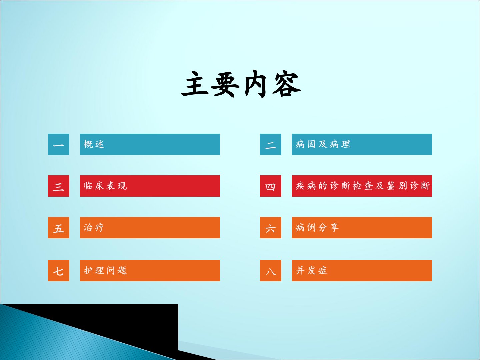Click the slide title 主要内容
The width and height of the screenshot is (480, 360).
point(241,84)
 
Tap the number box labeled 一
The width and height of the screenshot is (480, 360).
point(59,144)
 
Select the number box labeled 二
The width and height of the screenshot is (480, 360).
point(271,144)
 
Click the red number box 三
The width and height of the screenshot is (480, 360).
point(59,186)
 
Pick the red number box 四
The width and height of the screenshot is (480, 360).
point(271,186)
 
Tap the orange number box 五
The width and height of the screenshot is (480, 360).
point(59,228)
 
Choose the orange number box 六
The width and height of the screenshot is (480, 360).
point(271,228)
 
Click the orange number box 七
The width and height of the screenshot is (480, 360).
point(59,271)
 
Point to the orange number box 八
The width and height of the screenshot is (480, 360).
point(271,271)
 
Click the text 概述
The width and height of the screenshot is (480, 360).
point(94,144)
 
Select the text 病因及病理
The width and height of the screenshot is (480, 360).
point(323,144)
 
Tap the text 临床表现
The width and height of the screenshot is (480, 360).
point(105,186)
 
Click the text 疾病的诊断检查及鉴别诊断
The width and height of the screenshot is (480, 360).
point(363,186)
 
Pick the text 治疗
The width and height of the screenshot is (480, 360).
point(94,227)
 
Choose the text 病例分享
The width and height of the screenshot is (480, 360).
point(317,227)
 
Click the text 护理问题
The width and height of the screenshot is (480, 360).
point(105,270)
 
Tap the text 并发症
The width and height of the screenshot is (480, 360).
point(311,270)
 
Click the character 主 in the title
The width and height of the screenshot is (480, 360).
point(195,84)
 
